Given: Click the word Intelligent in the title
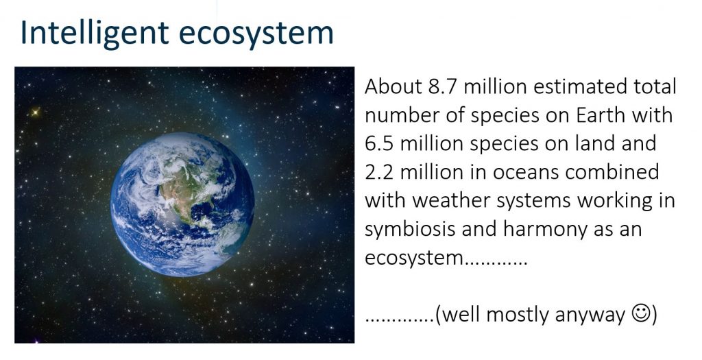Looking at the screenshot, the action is tap(95, 34).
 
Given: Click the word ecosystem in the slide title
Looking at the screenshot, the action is tap(256, 34).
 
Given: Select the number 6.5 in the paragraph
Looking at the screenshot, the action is tap(379, 144).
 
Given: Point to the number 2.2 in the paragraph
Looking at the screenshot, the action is tap(379, 172).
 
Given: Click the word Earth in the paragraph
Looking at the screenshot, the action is tap(601, 115).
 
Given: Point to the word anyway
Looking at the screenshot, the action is tap(590, 315).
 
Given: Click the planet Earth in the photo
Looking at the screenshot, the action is tap(182, 204).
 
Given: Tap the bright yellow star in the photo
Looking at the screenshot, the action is tap(35, 112).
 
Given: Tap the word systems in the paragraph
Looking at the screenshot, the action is tap(533, 202).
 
